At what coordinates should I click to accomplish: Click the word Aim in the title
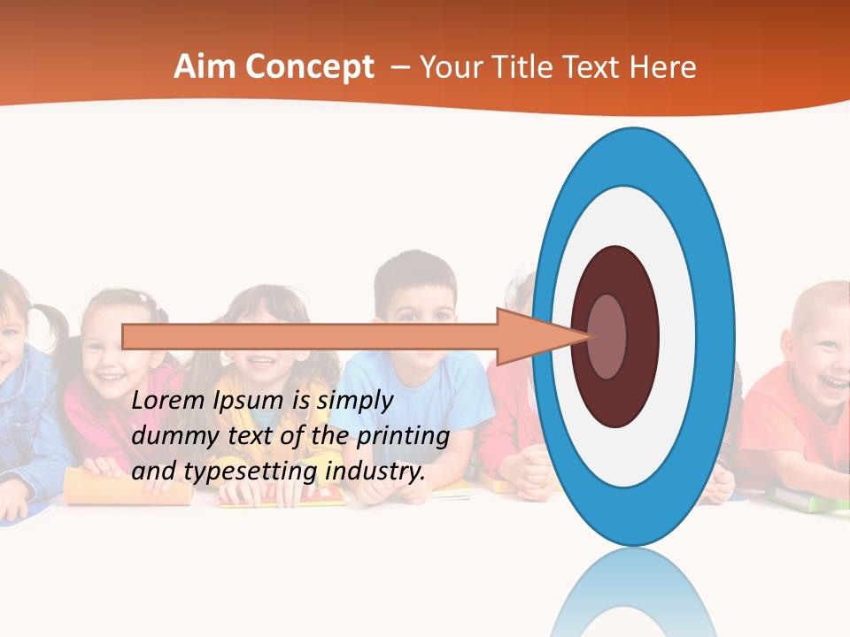[x=203, y=67]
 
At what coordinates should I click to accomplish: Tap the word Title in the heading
[x=523, y=67]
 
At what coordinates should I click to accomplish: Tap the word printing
[x=403, y=436]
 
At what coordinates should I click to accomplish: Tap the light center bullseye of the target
[x=607, y=336]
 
